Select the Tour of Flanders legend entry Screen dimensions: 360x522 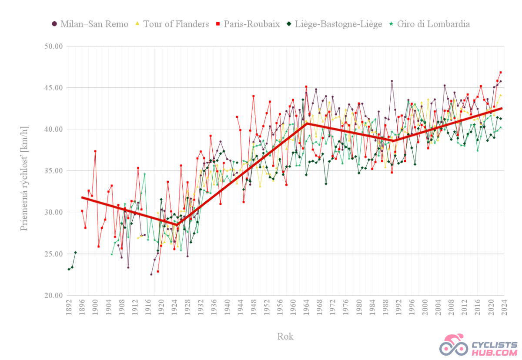pyautogui.click(x=172, y=24)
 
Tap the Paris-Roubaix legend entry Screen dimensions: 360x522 pyautogui.click(x=248, y=24)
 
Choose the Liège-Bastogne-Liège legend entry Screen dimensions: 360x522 pyautogui.click(x=334, y=24)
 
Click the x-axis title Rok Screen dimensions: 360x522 pyautogui.click(x=285, y=336)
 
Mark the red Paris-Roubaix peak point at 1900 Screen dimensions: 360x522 pyautogui.click(x=95, y=151)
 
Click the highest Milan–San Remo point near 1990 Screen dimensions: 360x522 pyautogui.click(x=392, y=81)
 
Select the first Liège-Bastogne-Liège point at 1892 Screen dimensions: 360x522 pyautogui.click(x=69, y=269)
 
